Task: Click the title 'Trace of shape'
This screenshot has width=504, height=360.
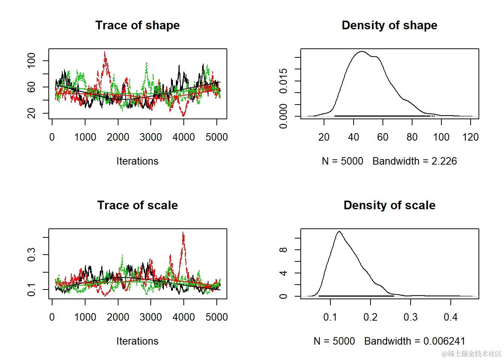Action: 137,25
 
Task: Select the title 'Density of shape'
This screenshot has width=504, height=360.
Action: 389,25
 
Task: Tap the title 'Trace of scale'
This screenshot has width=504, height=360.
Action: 137,205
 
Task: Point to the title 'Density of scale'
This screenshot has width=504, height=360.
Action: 389,205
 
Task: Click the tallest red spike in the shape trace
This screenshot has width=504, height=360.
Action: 105,52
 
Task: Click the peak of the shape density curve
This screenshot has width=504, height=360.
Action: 362,52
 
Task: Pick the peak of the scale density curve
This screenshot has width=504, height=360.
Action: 339,231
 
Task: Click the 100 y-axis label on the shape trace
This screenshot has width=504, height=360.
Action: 31,60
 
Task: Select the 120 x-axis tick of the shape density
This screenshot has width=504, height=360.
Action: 471,137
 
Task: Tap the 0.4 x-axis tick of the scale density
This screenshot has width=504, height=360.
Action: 450,317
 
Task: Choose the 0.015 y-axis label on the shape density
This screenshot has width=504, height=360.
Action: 283,81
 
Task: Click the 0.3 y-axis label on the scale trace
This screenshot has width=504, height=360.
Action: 31,255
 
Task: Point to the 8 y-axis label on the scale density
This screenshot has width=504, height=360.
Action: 283,250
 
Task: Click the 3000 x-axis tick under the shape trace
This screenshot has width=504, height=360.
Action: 151,137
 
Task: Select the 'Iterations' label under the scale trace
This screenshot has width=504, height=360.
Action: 137,341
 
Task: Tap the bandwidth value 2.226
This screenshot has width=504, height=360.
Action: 444,161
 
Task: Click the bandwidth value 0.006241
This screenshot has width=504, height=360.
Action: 444,341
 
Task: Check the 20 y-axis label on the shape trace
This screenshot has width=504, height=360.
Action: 31,113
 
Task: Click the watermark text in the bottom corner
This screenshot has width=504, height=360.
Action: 471,354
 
